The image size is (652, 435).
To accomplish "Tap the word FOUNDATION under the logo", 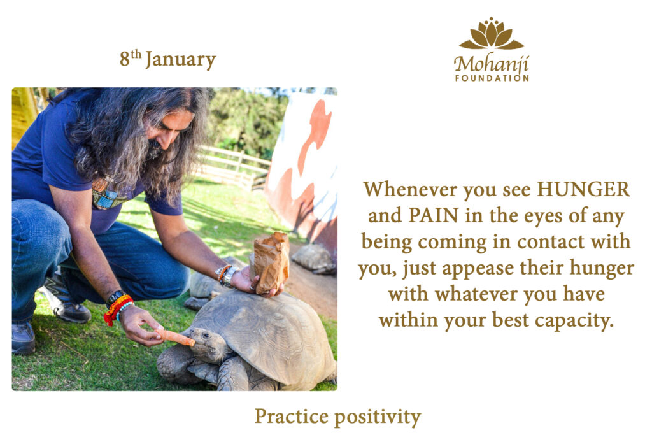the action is point(492,78).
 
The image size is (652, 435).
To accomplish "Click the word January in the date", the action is point(180,60).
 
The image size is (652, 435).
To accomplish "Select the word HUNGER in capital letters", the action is point(583,189).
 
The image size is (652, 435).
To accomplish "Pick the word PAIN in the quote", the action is point(433,215).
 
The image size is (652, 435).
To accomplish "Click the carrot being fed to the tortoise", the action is point(177,338).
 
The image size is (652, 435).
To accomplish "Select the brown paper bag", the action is point(271,263).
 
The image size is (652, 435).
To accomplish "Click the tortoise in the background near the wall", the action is point(314,257).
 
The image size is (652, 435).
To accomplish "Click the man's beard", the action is point(155,149).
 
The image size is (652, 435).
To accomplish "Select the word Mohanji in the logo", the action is point(491,64).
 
